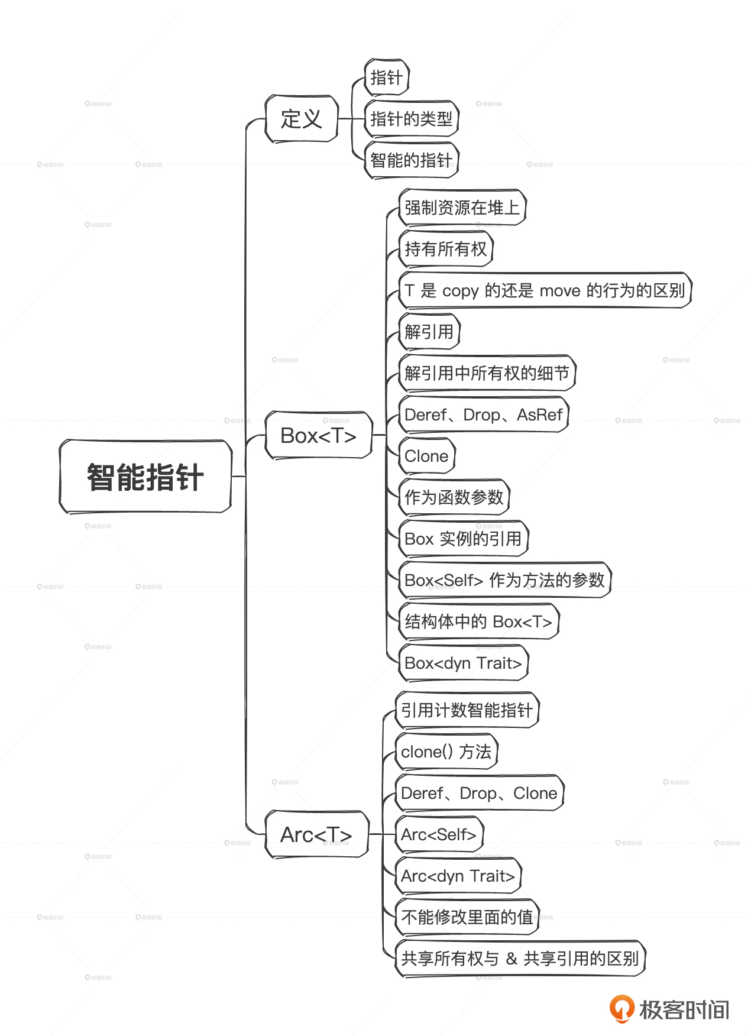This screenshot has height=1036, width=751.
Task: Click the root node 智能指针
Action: pyautogui.click(x=145, y=477)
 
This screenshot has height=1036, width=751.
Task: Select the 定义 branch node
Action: pyautogui.click(x=302, y=119)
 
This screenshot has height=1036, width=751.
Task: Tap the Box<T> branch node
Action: pyautogui.click(x=318, y=436)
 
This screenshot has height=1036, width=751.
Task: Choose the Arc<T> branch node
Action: pyautogui.click(x=316, y=834)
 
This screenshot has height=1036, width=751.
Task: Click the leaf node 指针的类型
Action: pyautogui.click(x=411, y=119)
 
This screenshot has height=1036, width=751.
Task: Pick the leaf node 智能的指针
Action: pyautogui.click(x=411, y=160)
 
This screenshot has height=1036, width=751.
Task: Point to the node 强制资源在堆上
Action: pyautogui.click(x=462, y=208)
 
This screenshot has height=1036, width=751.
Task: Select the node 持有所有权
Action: pyautogui.click(x=445, y=249)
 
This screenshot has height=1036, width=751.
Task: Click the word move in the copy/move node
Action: pyautogui.click(x=560, y=291)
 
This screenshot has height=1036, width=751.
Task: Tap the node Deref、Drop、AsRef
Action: pyautogui.click(x=483, y=415)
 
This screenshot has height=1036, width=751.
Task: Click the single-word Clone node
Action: pyautogui.click(x=426, y=456)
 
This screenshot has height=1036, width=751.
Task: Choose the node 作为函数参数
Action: pyautogui.click(x=454, y=497)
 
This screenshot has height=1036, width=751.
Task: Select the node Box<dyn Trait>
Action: pyautogui.click(x=463, y=663)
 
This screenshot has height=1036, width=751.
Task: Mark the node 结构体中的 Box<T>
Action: pyautogui.click(x=478, y=621)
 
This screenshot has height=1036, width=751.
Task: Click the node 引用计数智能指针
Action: pyautogui.click(x=467, y=710)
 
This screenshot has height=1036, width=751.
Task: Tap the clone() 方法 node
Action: pyautogui.click(x=446, y=752)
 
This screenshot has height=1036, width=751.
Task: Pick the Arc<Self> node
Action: pyautogui.click(x=438, y=834)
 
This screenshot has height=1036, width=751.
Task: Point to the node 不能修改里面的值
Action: pyautogui.click(x=467, y=917)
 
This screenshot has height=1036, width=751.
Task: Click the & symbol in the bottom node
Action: pyautogui.click(x=512, y=959)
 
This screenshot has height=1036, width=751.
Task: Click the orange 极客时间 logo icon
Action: pyautogui.click(x=621, y=1008)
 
